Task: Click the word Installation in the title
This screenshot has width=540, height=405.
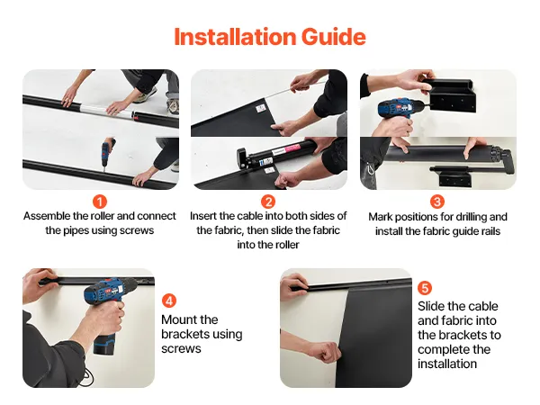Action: tap(235, 37)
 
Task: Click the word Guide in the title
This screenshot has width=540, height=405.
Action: tap(333, 37)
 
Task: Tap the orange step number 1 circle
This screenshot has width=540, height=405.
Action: tap(100, 202)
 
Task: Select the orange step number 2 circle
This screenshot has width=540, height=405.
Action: tap(268, 202)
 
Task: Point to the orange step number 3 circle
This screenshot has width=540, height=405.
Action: tap(437, 202)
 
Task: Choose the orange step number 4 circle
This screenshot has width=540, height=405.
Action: tap(169, 301)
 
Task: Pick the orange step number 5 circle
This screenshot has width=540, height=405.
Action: tap(425, 288)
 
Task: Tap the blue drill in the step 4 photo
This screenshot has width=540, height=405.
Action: tap(105, 310)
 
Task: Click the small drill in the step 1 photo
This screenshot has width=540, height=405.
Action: tap(107, 151)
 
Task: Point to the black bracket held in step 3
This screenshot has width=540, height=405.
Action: tap(449, 95)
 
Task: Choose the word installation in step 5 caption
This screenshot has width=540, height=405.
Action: tap(447, 364)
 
